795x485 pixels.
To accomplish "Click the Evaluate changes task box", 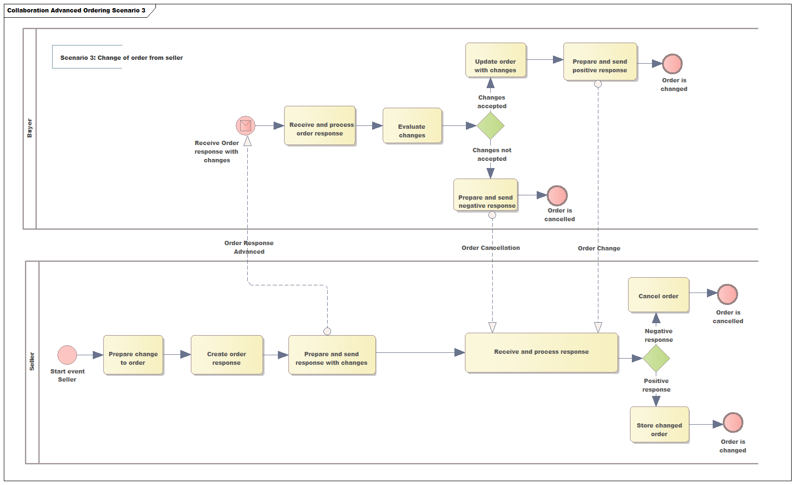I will (412, 125).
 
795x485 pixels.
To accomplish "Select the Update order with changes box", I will (496, 60).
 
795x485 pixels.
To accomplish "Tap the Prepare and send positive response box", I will (600, 61).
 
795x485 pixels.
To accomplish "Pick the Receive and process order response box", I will (320, 125).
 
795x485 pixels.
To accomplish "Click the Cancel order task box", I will (658, 295).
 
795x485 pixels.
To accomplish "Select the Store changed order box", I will (659, 425).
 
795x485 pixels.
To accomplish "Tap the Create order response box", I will (227, 355).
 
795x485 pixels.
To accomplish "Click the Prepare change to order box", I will (133, 355).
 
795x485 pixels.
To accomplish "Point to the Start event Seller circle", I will (67, 355).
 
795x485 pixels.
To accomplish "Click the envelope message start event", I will (245, 125).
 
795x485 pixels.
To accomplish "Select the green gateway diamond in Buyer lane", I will (491, 126).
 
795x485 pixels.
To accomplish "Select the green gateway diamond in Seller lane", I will (656, 358).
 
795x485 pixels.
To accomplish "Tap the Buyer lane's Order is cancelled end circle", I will (557, 195).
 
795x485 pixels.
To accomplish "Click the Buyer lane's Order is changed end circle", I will (672, 63).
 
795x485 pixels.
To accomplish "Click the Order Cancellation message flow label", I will (490, 248).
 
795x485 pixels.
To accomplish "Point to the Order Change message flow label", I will (598, 248).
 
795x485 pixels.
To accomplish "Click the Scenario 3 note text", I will (121, 57).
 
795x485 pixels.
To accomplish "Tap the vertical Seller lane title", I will (32, 361).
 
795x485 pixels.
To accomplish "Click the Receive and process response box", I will (541, 352).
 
